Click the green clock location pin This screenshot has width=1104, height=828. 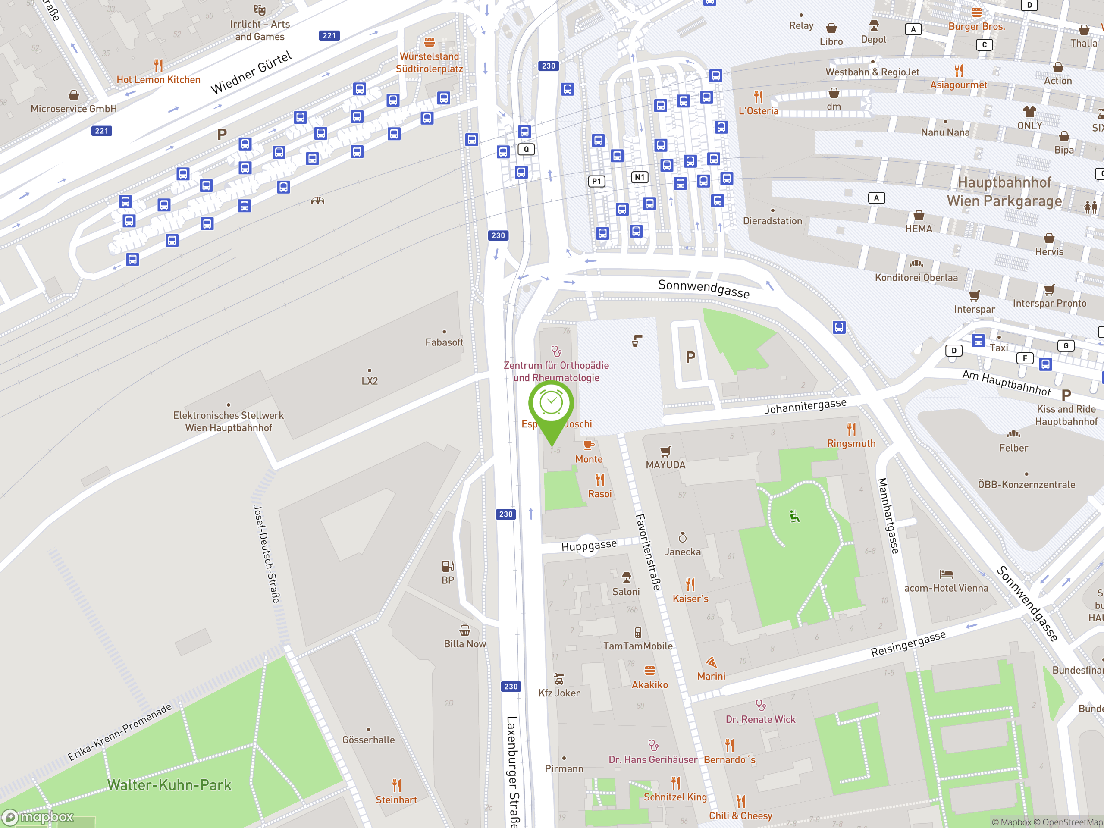point(551,404)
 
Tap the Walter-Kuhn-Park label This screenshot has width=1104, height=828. point(169,785)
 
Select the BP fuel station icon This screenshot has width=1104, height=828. point(448,566)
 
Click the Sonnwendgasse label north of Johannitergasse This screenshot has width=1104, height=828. point(704,289)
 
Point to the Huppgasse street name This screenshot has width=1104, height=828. point(589,545)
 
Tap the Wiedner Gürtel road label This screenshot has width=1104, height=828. point(251,73)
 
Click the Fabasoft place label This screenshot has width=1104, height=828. point(444,342)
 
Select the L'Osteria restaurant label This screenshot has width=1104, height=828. point(758,111)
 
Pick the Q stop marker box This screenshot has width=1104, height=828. point(526,149)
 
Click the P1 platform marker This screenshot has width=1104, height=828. point(596,181)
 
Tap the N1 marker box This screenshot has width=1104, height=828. point(640,177)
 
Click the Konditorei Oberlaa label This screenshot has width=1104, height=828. point(916,277)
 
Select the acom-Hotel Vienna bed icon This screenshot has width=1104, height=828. point(946,574)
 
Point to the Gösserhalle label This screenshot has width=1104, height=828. point(368,740)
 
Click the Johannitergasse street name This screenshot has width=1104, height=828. point(805,406)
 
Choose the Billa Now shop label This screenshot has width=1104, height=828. point(464,644)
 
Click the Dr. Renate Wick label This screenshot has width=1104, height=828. point(760,719)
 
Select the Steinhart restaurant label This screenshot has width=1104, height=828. point(396,800)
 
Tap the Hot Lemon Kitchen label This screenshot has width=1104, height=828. point(158,80)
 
